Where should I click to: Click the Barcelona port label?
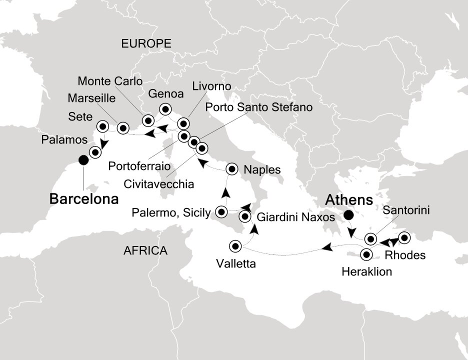(84, 199)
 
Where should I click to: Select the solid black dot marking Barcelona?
(83, 160)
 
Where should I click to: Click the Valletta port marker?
(235, 246)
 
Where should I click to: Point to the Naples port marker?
(232, 168)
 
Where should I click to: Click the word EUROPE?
(146, 44)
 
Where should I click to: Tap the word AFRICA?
(145, 250)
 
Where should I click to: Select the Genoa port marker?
(164, 108)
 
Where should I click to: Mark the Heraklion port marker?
(367, 254)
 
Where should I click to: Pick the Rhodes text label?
(405, 255)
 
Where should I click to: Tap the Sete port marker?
(103, 126)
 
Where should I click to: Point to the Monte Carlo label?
(110, 81)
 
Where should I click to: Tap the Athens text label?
(349, 200)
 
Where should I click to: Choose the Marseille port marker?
(122, 128)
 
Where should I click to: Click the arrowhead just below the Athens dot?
(352, 233)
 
